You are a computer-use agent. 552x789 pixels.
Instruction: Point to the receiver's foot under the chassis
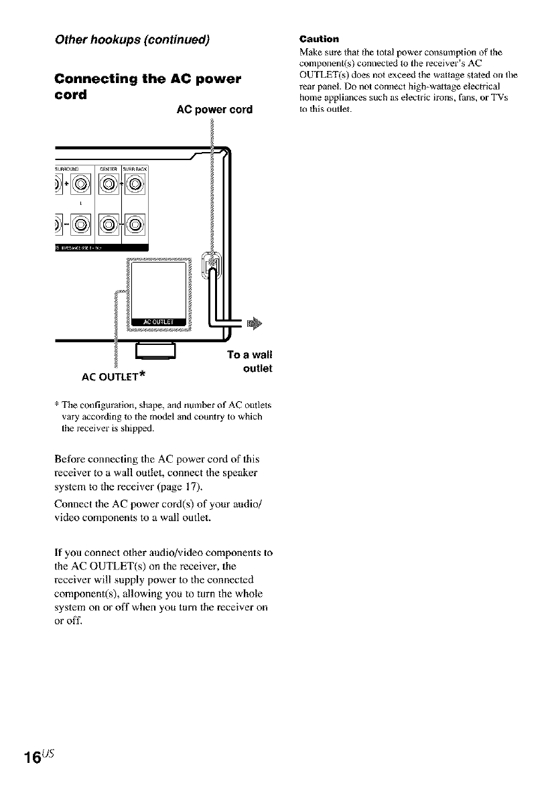pos(155,350)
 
